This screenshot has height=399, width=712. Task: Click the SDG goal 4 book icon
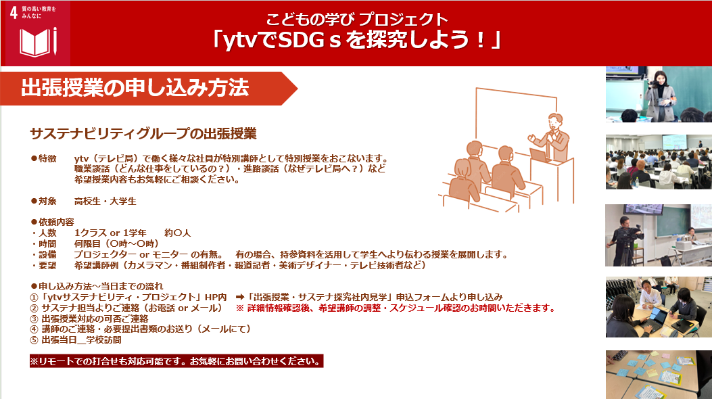tap(38, 42)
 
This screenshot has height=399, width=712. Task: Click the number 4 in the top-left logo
tap(14, 13)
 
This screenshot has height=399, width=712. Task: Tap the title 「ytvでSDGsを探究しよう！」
tap(356, 40)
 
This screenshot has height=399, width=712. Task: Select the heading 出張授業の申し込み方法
tap(135, 88)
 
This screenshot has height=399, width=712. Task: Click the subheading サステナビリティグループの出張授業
tap(143, 133)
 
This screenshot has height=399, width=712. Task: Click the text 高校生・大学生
tap(105, 201)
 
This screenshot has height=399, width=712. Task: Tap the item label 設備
tap(47, 255)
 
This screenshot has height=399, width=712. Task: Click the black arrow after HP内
tap(240, 298)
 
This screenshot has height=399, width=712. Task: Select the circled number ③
tap(34, 319)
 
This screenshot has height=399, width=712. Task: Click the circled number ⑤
tap(34, 340)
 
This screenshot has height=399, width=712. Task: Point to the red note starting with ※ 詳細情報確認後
tap(396, 308)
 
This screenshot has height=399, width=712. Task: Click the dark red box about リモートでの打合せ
tap(176, 361)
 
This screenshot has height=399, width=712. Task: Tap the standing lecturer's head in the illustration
tap(555, 121)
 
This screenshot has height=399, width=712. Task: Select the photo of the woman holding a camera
tap(659, 95)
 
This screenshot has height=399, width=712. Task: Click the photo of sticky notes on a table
tap(659, 375)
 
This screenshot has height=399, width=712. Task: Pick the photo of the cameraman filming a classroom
tap(659, 235)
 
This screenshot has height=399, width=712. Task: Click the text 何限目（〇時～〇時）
tap(116, 243)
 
